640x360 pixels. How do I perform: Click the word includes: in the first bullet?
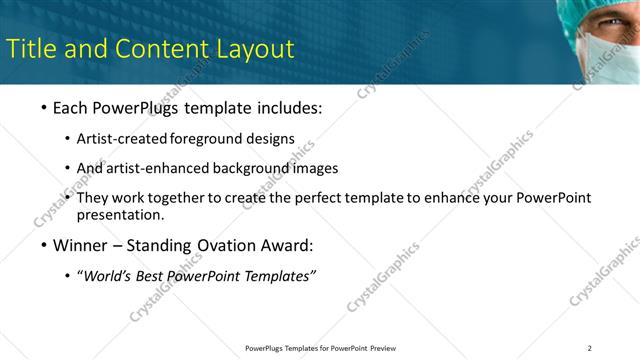click(x=285, y=107)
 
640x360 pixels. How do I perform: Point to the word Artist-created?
click(x=122, y=138)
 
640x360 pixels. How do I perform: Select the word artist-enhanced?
click(x=154, y=168)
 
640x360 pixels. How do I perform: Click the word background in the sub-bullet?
click(x=253, y=168)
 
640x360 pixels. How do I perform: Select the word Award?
click(x=285, y=246)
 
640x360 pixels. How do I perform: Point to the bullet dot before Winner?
click(x=43, y=246)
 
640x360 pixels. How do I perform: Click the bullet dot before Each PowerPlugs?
click(x=43, y=107)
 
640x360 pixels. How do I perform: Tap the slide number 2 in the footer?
click(x=590, y=348)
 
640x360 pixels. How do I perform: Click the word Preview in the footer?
click(x=383, y=348)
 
